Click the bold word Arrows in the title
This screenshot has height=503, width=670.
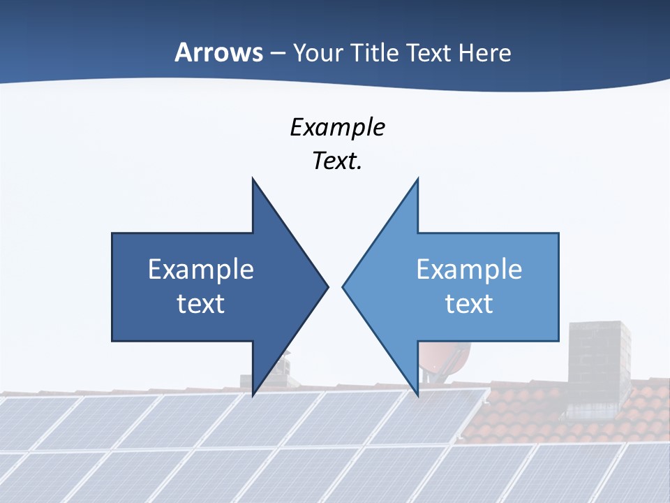(218, 52)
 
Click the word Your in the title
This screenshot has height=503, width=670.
(318, 52)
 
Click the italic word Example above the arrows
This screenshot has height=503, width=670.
(337, 127)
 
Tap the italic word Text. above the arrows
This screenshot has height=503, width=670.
(337, 161)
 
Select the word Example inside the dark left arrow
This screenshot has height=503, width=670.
(200, 269)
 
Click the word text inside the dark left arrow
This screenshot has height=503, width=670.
(200, 303)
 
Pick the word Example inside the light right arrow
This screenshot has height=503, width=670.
(469, 269)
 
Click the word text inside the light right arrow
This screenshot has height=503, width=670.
(469, 303)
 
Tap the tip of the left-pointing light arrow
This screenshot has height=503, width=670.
(343, 286)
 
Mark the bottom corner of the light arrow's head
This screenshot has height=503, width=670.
(417, 395)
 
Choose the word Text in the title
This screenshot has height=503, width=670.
(429, 52)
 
